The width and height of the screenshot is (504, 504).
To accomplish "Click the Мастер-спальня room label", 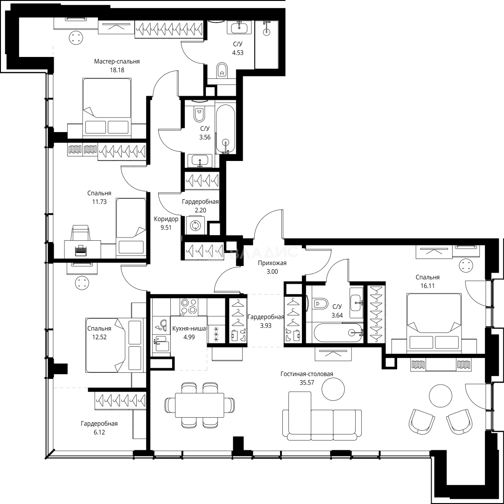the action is pyautogui.click(x=117, y=62).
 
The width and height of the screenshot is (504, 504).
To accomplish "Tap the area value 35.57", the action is pyautogui.click(x=307, y=383).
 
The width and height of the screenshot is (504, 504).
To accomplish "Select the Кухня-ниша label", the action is pyautogui.click(x=189, y=329).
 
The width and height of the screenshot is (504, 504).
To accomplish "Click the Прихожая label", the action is pyautogui.click(x=272, y=263).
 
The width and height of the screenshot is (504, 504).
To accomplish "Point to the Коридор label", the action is pyautogui.click(x=166, y=219).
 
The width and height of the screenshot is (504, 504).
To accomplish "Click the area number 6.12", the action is pyautogui.click(x=99, y=432).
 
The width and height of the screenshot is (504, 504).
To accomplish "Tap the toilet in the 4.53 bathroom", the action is pyautogui.click(x=222, y=70).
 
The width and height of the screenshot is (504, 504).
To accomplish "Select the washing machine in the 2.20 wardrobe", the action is pyautogui.click(x=195, y=225).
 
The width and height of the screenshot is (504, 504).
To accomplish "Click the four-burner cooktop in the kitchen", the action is pyautogui.click(x=189, y=306).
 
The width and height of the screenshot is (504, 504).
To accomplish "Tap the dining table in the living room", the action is pyautogui.click(x=199, y=405).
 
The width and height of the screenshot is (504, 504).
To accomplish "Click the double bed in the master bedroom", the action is pyautogui.click(x=107, y=106).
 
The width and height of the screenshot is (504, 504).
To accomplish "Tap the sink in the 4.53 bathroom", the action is pyautogui.click(x=239, y=27).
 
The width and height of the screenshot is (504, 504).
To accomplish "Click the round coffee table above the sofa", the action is pyautogui.click(x=334, y=389).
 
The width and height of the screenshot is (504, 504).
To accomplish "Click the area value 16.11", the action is pyautogui.click(x=427, y=286).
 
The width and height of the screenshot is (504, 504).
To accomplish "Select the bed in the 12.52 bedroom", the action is pyautogui.click(x=114, y=345).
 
